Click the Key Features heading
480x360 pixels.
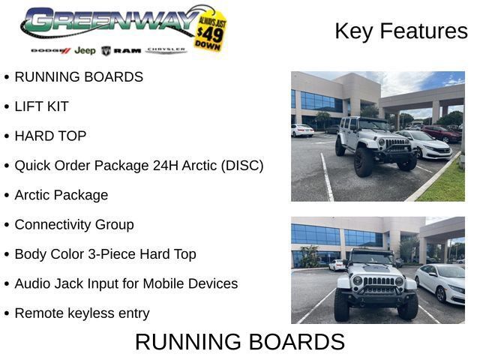[401, 31]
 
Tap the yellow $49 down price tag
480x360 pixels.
[210, 31]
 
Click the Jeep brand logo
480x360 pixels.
[85, 50]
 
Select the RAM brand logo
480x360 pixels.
[121, 51]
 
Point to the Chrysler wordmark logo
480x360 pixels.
[166, 50]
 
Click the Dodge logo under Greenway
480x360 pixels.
[51, 50]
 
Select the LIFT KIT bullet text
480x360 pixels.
[41, 106]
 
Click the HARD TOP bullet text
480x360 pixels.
[50, 136]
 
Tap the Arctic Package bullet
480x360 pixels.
[61, 195]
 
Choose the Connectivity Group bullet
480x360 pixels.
[74, 225]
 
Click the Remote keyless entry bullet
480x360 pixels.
[82, 313]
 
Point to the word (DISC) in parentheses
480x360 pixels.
[242, 166]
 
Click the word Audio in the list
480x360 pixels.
[32, 283]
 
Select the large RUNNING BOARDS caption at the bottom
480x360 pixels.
[240, 342]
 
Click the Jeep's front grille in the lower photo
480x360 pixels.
[378, 281]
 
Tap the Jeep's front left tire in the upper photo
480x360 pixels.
[364, 162]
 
